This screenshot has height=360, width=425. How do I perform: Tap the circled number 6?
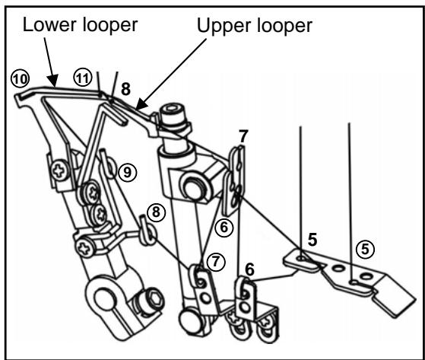pyautogui.click(x=222, y=226)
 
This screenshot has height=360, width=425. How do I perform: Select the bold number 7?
pyautogui.click(x=243, y=137)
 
